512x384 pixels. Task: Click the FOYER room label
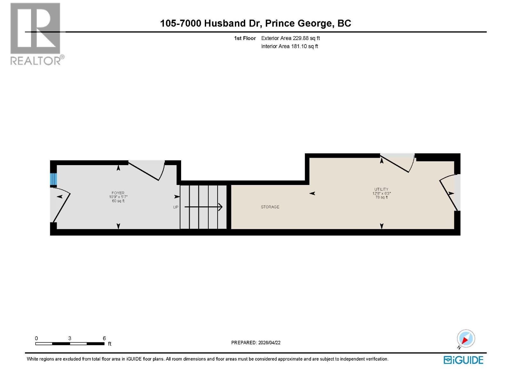point(118,193)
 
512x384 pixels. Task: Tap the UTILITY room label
point(381,189)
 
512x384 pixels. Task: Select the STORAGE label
point(270,207)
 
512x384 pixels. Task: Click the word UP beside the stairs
point(176,207)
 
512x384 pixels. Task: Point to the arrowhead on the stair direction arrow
point(220,207)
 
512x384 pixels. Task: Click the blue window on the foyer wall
point(53,180)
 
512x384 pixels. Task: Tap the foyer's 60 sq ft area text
point(118,201)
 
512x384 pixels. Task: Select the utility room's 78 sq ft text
point(381,197)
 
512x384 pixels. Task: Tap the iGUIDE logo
point(463,360)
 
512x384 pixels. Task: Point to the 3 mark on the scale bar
point(70,338)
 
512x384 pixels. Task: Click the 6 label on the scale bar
point(104,338)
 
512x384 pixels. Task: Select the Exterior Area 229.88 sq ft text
point(290,38)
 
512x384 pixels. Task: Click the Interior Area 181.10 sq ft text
point(289,46)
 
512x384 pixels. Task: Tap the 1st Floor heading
point(245,38)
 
